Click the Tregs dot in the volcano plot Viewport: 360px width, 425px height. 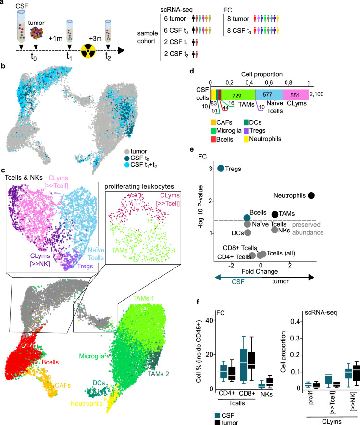(221, 168)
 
